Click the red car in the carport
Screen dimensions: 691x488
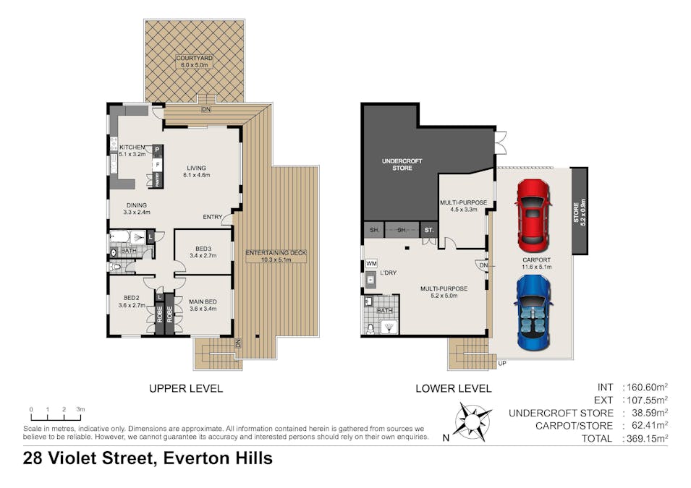[x=533, y=215]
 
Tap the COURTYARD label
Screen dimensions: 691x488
[x=195, y=58]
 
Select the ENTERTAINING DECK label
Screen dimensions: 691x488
[x=276, y=253]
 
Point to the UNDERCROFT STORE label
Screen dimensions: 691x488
[x=402, y=164]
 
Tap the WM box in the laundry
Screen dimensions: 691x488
[x=371, y=263]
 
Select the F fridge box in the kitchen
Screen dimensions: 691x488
[x=157, y=165]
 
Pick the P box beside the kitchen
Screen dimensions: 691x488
[x=157, y=150]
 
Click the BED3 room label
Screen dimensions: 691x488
[x=203, y=249]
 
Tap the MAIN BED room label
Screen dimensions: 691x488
[x=203, y=301]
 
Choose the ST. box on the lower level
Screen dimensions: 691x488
[x=429, y=230]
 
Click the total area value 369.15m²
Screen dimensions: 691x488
[x=647, y=438]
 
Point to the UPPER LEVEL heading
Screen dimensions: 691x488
[x=186, y=388]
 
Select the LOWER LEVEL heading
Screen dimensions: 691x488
[x=454, y=388]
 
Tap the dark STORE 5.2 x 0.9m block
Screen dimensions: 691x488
[x=580, y=211]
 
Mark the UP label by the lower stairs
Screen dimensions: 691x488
[x=502, y=364]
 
